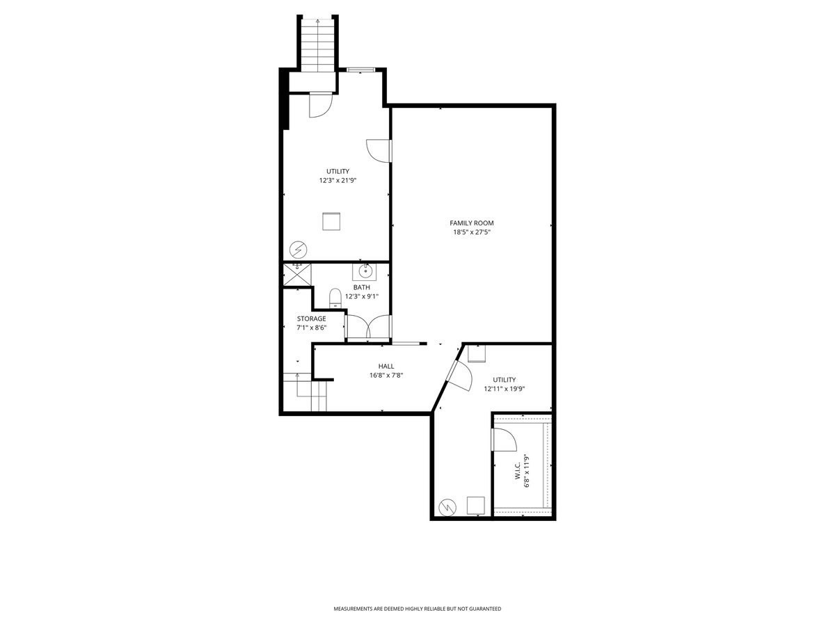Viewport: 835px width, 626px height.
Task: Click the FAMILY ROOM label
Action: pos(471,223)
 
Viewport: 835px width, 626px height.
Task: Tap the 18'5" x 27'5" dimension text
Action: pos(471,232)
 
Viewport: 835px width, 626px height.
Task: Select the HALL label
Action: pos(386,366)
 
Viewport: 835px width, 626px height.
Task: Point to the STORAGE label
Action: pos(311,319)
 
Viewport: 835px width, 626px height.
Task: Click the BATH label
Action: pos(361,287)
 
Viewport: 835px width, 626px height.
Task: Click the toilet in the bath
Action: pos(335,298)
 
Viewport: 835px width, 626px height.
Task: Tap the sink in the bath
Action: pos(364,272)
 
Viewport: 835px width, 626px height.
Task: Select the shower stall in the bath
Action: pos(297,275)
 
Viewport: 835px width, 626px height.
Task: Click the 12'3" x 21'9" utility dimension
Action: pos(337,181)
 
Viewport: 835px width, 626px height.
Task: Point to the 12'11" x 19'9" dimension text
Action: pos(504,389)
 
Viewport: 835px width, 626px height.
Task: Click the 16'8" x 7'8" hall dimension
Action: pos(386,376)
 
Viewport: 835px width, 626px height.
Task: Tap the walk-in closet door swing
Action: pos(504,440)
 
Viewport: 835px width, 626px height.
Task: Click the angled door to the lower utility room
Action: pos(459,376)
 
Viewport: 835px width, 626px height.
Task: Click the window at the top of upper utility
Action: pos(360,70)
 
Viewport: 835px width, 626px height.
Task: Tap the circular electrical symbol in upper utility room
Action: pos(299,250)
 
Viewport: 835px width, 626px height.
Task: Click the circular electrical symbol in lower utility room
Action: pos(447,507)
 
